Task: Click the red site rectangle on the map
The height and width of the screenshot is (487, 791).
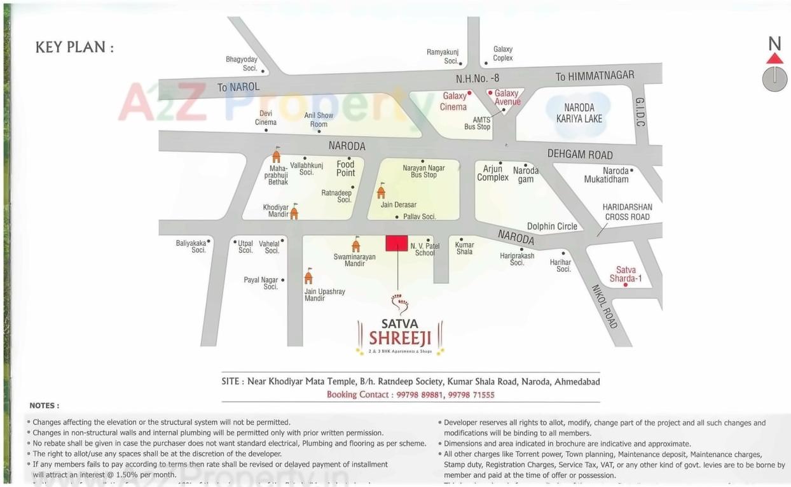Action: click(397, 243)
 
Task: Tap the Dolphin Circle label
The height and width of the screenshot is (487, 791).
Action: click(552, 226)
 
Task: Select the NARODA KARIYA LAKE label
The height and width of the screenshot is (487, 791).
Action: click(579, 113)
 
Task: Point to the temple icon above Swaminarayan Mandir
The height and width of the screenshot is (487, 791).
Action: click(356, 244)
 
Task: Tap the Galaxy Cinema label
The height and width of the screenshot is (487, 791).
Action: click(454, 102)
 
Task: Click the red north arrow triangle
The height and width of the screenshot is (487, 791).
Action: click(774, 59)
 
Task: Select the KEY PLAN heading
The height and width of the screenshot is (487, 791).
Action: click(74, 48)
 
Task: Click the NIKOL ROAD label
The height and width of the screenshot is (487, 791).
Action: click(604, 306)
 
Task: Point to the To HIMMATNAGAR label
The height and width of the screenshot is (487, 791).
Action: click(595, 76)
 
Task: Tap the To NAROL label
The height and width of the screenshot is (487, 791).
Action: click(238, 87)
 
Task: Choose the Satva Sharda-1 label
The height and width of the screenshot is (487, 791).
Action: click(626, 274)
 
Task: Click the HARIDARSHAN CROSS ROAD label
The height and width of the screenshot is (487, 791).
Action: click(627, 212)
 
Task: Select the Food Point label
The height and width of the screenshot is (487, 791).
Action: click(346, 169)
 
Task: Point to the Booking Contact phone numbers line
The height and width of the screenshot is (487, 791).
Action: click(410, 395)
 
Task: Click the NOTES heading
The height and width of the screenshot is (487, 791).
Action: click(44, 406)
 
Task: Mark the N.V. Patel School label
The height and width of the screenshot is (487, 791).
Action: click(425, 249)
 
